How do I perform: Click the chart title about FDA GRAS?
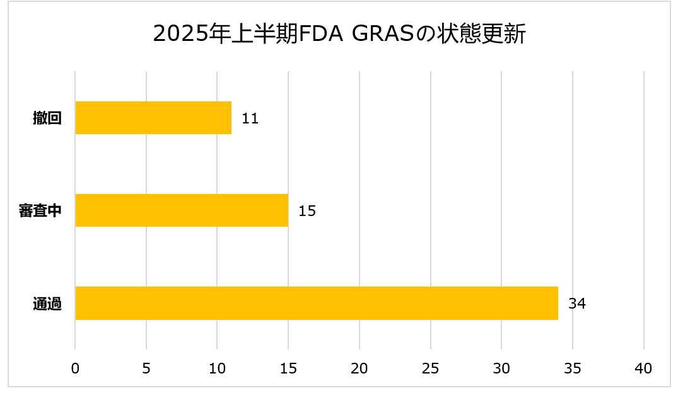[339, 34]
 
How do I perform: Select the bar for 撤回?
[153, 118]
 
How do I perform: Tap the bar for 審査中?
[182, 210]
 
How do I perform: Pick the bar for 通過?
[317, 303]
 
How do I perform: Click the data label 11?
[250, 118]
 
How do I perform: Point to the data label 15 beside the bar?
[307, 211]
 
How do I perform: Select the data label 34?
[577, 304]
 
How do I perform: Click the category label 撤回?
[47, 118]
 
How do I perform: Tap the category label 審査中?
[40, 211]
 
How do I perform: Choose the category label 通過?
[47, 304]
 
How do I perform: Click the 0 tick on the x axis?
[75, 369]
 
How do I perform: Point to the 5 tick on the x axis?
[146, 369]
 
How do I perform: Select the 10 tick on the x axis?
[217, 369]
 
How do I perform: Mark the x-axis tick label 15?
[288, 369]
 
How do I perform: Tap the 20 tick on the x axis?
[359, 369]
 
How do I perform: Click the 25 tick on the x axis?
[431, 369]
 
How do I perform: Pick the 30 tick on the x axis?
[501, 369]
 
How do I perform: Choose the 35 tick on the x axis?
[573, 369]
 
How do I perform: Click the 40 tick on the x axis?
[644, 369]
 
